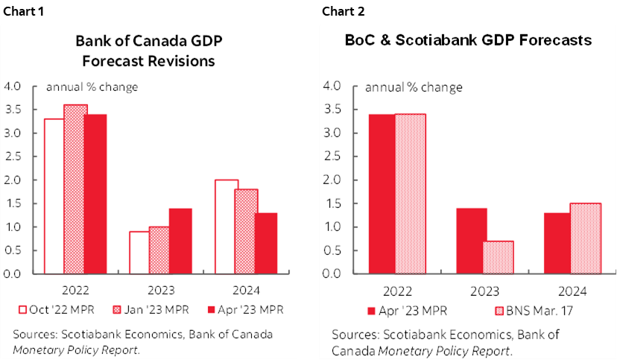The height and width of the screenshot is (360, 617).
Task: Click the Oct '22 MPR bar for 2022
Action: pos(54,196)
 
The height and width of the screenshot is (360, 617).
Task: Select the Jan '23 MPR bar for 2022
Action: pos(75,189)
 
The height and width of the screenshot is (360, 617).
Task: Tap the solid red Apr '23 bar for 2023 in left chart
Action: pos(180,241)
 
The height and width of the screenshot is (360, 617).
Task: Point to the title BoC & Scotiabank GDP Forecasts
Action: pos(468,40)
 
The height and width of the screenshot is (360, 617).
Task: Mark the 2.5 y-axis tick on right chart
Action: pos(332,157)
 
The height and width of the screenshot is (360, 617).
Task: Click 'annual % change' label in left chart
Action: pos(92,87)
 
